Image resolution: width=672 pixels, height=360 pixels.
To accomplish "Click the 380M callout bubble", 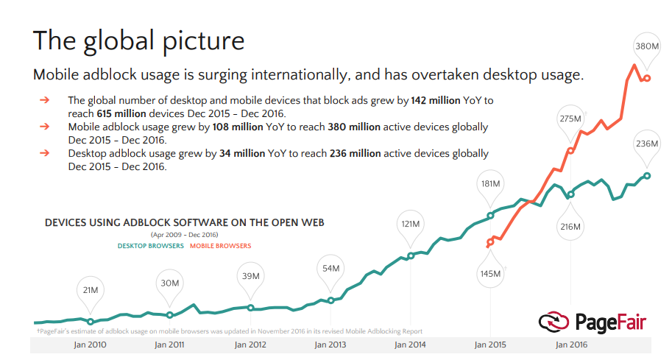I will [x=647, y=46].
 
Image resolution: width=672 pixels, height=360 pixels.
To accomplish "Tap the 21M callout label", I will [x=90, y=290].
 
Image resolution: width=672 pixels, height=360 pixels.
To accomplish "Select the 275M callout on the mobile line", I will [x=570, y=119].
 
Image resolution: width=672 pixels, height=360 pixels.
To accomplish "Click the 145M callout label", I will [x=489, y=274].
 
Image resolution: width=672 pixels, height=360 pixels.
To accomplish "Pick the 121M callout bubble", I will [x=410, y=223].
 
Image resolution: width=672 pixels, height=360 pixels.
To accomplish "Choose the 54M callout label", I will [x=330, y=269].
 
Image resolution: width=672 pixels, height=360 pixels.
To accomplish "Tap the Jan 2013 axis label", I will [x=329, y=344].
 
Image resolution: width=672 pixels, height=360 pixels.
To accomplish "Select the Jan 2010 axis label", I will [x=90, y=344].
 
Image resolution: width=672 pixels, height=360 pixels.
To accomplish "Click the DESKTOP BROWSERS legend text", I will [x=150, y=246].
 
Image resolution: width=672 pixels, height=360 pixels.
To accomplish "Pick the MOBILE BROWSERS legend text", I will [x=220, y=246].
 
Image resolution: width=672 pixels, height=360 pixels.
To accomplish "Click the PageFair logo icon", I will [x=553, y=322].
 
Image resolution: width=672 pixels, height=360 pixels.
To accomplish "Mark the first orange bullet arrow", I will [x=45, y=100].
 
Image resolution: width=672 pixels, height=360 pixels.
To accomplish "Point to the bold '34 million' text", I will [x=241, y=154].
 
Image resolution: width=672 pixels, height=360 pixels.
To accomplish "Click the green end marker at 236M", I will [x=647, y=175].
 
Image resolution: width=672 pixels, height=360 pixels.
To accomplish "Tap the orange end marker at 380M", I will [x=647, y=78].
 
